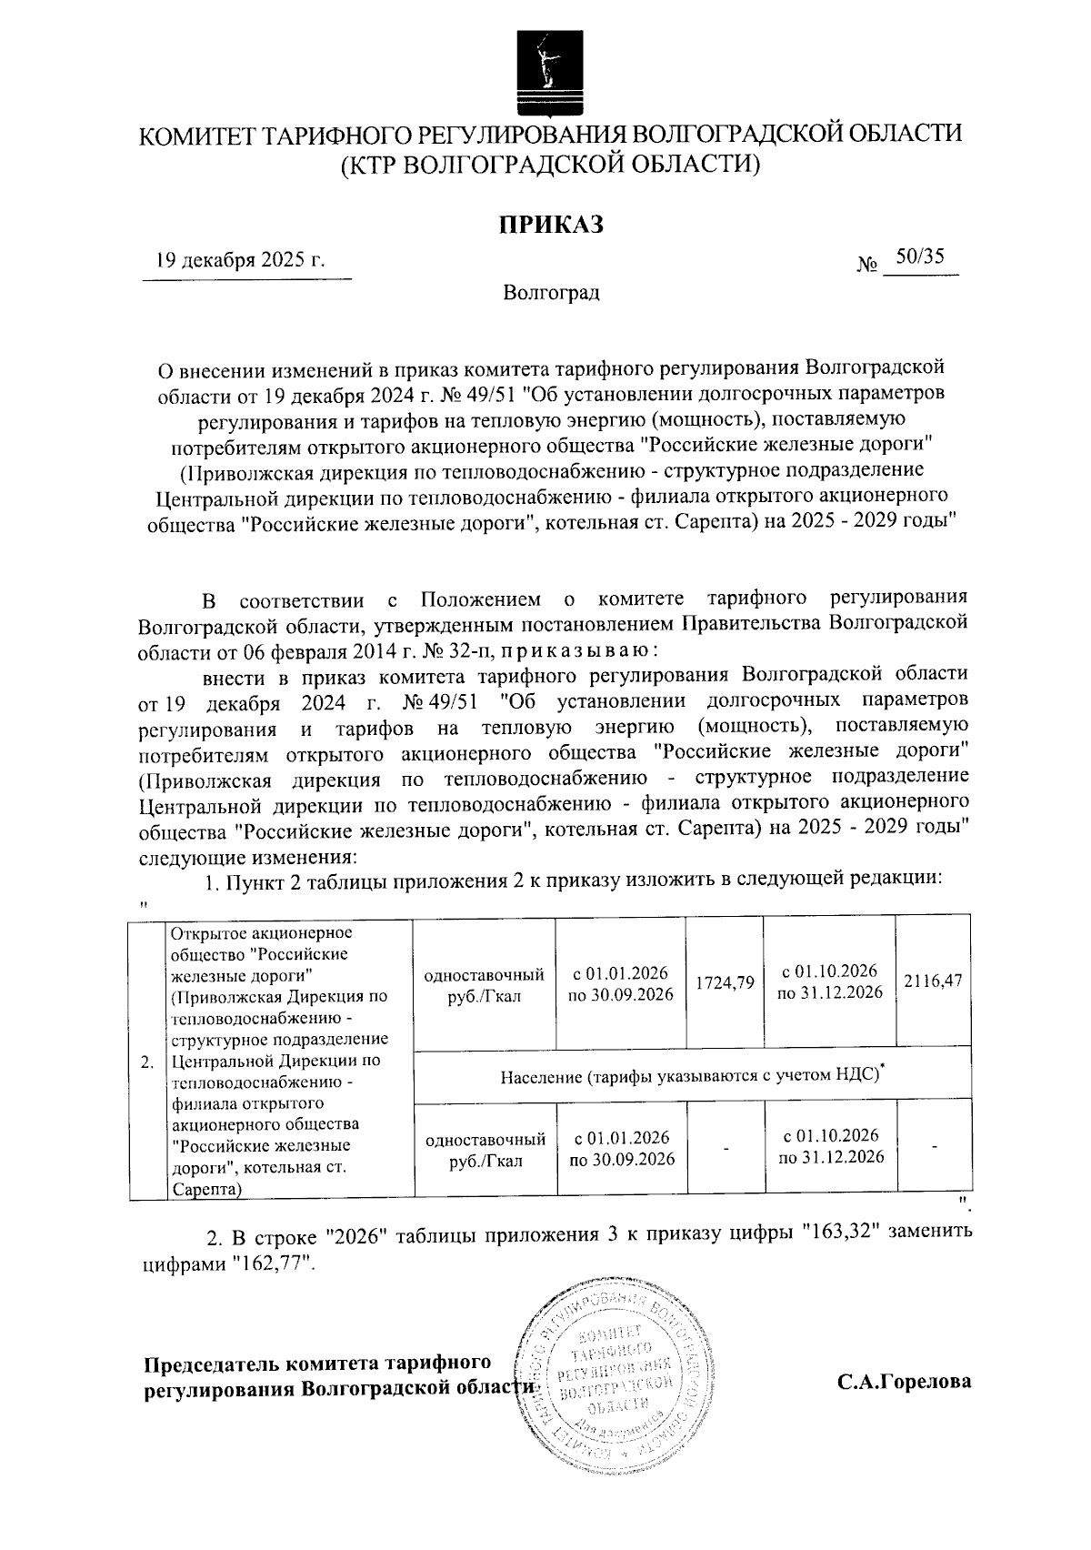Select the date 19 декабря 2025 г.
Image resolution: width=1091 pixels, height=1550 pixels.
pos(240,261)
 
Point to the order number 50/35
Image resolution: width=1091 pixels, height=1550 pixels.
pos(918,258)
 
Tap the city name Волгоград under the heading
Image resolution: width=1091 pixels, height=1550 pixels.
pos(551,294)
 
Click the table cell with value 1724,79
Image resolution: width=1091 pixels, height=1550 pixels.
pos(725,983)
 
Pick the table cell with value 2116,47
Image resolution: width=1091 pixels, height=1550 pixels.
pos(933,983)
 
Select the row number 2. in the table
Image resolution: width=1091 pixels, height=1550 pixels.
pos(147,1062)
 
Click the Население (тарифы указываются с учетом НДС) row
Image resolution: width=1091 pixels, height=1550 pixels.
pos(693,1075)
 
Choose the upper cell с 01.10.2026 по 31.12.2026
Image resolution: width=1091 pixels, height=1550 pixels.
pos(829,981)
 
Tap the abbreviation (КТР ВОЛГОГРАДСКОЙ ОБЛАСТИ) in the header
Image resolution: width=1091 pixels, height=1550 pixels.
pos(549,165)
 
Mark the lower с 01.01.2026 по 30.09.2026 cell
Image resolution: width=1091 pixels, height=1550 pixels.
pos(622,1148)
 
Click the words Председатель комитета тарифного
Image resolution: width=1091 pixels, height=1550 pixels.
pos(319,1364)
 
